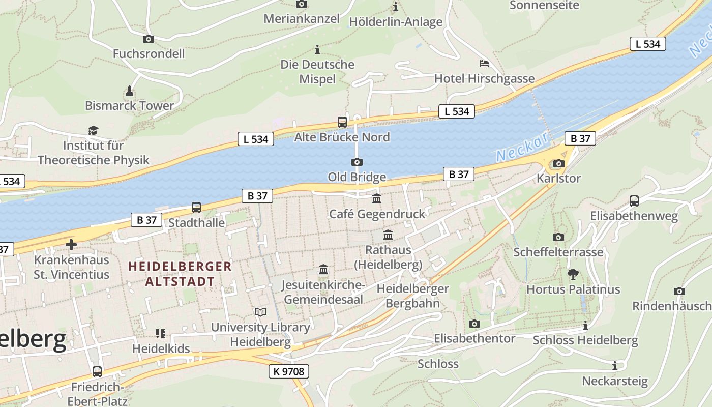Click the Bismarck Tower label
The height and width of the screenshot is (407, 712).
[x=129, y=106]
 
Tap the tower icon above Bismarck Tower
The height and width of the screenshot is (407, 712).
[x=130, y=92]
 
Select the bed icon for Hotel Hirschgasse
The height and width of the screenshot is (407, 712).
[x=484, y=64]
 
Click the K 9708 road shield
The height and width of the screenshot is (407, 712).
[x=288, y=371]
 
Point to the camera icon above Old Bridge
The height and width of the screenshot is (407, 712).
[x=357, y=162]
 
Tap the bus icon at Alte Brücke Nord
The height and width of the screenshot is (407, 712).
[x=342, y=122]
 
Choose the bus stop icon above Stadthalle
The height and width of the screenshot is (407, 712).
[x=196, y=208]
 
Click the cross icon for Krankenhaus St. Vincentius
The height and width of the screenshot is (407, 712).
[x=71, y=245]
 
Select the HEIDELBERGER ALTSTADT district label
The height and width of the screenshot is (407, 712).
[x=180, y=274]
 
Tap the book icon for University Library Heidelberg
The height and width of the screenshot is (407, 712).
[x=260, y=312]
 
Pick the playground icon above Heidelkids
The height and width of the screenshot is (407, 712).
[x=161, y=334]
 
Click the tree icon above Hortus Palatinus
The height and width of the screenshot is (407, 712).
[x=573, y=274]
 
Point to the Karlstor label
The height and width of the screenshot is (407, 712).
[x=558, y=179]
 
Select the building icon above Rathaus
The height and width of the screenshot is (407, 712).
[x=388, y=235]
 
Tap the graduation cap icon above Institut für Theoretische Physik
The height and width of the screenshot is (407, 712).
[x=93, y=131]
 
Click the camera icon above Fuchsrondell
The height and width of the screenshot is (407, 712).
[x=148, y=39]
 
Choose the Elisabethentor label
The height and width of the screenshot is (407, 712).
[x=474, y=338]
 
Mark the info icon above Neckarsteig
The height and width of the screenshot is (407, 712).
[x=614, y=366]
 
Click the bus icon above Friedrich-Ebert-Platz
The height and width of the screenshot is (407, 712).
[x=97, y=372]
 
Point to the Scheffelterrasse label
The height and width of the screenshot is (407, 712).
[x=558, y=252]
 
